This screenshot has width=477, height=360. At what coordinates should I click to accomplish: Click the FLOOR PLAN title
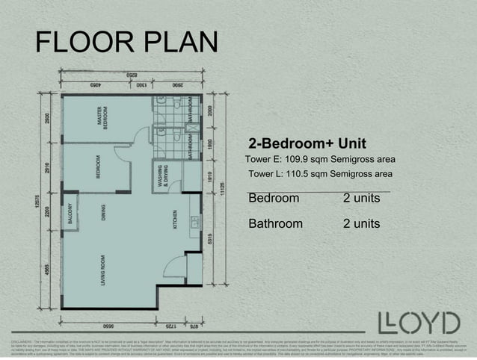pos(126,44)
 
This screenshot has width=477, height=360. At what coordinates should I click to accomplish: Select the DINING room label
pos(102,214)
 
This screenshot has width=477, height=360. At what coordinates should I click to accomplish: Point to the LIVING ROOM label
pos(102,270)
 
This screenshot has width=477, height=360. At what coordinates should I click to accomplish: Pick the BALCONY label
pos(70,214)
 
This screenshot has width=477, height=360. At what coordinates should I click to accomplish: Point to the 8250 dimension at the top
pos(132,75)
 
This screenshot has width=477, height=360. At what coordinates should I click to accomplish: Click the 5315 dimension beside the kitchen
pos(212,239)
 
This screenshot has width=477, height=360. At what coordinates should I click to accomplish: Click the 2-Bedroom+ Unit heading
pos(307,143)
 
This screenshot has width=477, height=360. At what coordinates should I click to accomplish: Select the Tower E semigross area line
pos(320,159)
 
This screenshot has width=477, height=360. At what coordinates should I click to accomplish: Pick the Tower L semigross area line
pos(320,174)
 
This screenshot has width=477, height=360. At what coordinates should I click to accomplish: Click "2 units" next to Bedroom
pos(361,199)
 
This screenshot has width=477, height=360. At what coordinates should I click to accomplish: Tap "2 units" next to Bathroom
pos(361,224)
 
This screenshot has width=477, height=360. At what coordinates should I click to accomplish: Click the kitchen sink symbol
pos(192,222)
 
